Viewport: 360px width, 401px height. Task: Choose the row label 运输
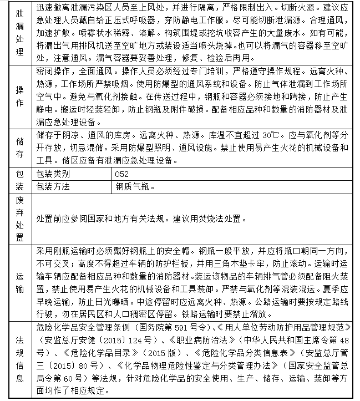[x=18, y=283]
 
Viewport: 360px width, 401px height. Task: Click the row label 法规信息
[x=18, y=358]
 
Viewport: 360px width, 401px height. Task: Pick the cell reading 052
[x=123, y=174]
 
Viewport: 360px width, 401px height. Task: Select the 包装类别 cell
[x=54, y=174]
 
